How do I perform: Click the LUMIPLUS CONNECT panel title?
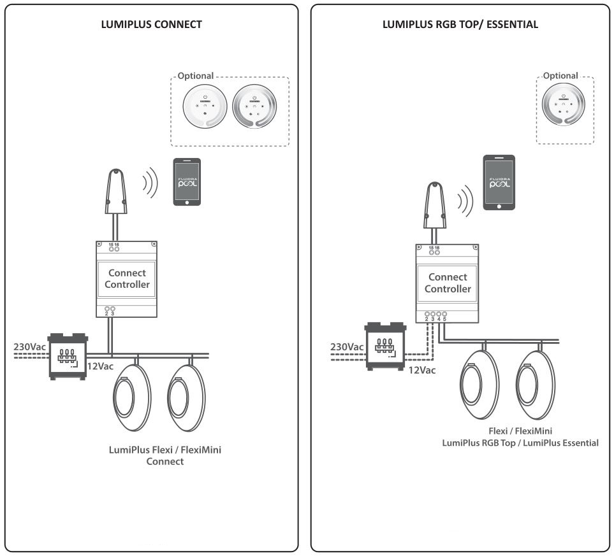coord(152,25)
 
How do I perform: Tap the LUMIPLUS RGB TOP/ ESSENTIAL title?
coord(460,25)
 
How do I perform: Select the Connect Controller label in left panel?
coord(128,279)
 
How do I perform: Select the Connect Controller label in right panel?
coord(448,283)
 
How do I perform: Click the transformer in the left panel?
coord(68,355)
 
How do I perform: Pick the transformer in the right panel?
coord(384,346)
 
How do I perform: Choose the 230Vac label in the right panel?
coord(347,347)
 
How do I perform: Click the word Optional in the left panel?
coord(196,76)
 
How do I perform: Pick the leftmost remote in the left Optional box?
coord(204,106)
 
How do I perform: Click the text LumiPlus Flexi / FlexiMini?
coord(165,450)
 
